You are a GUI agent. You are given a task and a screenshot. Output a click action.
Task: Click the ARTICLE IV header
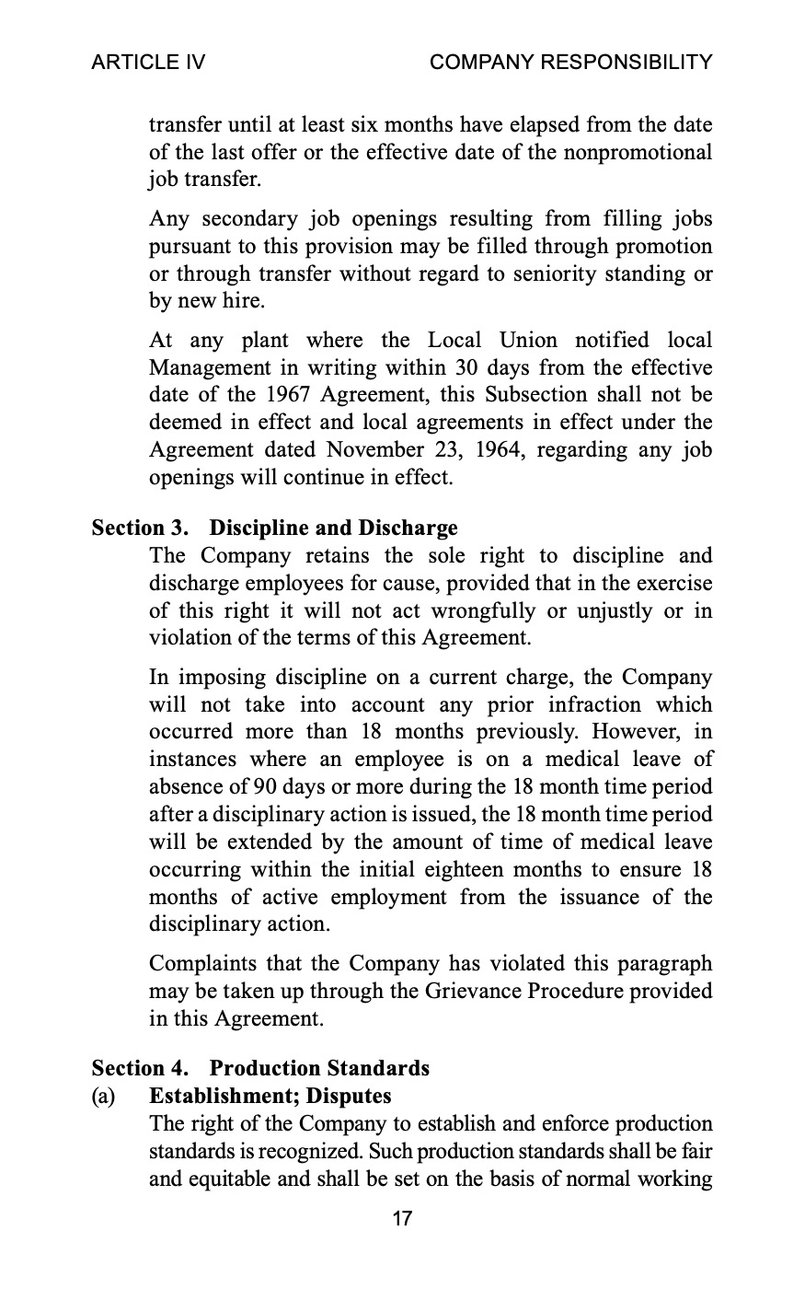(148, 62)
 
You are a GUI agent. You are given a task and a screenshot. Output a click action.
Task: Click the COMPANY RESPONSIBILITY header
(570, 62)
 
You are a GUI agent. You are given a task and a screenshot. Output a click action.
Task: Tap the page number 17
(402, 1219)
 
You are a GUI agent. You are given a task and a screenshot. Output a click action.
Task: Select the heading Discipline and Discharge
(333, 528)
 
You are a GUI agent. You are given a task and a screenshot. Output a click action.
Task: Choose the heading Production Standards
(319, 1068)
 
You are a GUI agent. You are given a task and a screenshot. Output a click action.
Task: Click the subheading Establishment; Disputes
(270, 1096)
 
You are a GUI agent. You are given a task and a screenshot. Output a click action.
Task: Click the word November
(371, 450)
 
